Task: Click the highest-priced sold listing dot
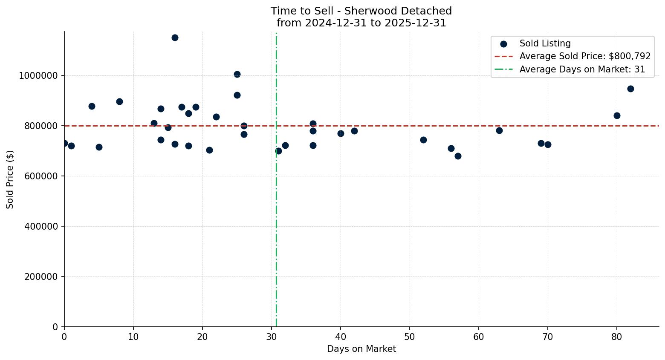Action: [175, 37]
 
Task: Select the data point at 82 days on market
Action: [630, 89]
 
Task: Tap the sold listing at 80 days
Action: [617, 115]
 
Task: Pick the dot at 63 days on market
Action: [499, 130]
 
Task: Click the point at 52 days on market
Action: [423, 140]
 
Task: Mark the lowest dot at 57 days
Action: [458, 156]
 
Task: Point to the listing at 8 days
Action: [119, 101]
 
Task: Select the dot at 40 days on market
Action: [341, 133]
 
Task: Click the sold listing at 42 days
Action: [354, 131]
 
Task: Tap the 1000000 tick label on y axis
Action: [38, 76]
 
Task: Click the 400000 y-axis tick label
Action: [41, 227]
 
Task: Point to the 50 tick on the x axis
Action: [410, 337]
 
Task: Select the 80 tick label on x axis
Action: [617, 337]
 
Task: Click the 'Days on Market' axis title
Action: [361, 349]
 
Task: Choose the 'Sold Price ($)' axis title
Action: [10, 179]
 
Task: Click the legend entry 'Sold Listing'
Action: [545, 43]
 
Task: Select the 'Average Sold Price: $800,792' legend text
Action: [585, 56]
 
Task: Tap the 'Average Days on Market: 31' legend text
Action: [582, 69]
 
